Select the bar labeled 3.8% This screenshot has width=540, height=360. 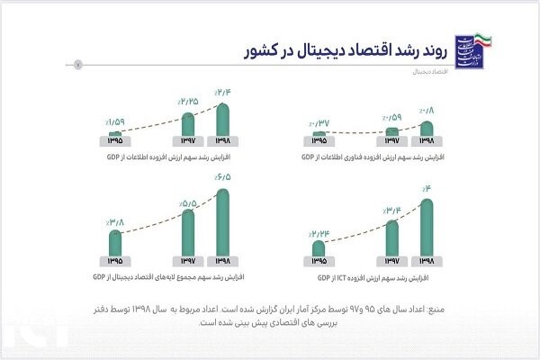(x=115, y=244)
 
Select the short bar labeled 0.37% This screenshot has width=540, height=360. (x=319, y=134)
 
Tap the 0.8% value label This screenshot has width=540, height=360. (x=427, y=112)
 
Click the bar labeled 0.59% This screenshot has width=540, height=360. (x=391, y=132)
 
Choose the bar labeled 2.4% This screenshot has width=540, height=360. (x=223, y=121)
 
